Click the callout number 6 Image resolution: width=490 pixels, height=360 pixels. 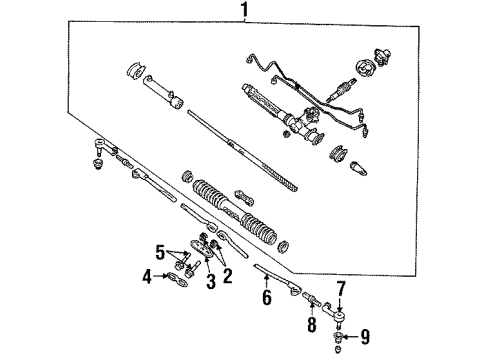267,297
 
